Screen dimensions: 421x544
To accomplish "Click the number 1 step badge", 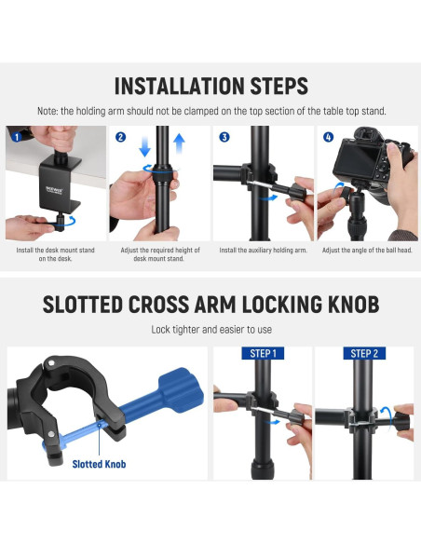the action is click(17, 137).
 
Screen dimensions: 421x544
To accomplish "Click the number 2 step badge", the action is click(120, 137).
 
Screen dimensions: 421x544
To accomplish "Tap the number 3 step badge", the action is click(224, 137).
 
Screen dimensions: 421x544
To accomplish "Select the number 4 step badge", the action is click(328, 137).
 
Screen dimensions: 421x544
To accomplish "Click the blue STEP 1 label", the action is click(263, 354).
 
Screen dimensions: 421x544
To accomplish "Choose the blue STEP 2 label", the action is click(364, 354).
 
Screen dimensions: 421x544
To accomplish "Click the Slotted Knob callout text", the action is click(99, 464).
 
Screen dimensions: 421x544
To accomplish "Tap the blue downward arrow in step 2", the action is click(144, 146).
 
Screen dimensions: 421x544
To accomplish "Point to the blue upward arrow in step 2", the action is click(179, 143).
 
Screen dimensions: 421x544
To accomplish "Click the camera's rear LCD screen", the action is click(352, 157).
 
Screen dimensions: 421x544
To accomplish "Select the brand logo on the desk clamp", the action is click(54, 190).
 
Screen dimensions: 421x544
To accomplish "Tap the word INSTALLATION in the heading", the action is click(179, 86).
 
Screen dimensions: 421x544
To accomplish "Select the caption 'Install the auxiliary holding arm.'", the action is click(264, 251).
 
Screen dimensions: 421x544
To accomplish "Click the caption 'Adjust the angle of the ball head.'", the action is click(367, 251).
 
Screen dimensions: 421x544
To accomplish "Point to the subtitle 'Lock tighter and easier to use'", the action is click(211, 329).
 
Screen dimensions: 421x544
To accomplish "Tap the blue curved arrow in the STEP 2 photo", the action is click(387, 415).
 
